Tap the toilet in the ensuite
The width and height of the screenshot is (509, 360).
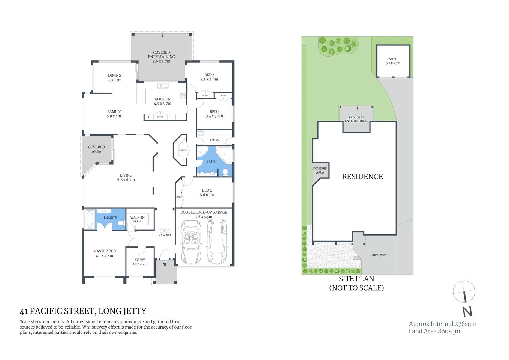121,223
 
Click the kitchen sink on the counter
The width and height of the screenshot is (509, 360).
163,85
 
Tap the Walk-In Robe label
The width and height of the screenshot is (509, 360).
138,219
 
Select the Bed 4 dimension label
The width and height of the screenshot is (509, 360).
209,79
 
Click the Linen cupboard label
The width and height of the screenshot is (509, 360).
182,150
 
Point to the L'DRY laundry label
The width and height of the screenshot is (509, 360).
214,140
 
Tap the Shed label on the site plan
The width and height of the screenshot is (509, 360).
393,61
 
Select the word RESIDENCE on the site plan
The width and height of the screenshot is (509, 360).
362,177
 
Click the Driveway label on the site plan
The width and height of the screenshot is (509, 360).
379,255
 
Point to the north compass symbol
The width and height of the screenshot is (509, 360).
464,292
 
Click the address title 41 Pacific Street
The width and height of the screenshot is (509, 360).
83,311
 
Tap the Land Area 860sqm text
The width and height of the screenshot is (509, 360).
434,331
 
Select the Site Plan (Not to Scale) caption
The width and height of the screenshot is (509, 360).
356,283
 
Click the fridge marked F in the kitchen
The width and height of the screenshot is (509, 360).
149,117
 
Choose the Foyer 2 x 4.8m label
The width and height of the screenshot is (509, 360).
165,233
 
